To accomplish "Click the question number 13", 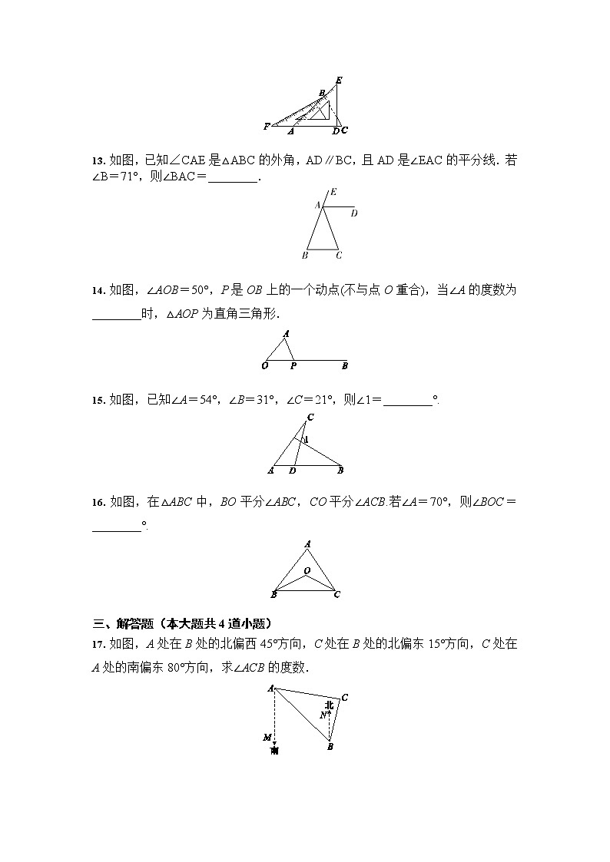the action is coord(98,161).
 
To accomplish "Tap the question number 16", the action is coord(98,503).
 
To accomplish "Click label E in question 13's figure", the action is coord(333,192).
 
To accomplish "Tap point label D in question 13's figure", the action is coord(353,213).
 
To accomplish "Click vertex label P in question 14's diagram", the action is coord(293,366).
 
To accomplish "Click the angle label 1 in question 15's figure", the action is coord(307,440).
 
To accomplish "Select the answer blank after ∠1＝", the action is coord(407,400).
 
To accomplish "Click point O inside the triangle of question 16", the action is coord(306,570).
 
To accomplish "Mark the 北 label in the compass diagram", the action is coord(329,705).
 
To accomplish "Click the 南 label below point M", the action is coord(274,751).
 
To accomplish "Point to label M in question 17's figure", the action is coord(267,737).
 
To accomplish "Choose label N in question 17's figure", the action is coord(323,715).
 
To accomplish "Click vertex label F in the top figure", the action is coord(266,126).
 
